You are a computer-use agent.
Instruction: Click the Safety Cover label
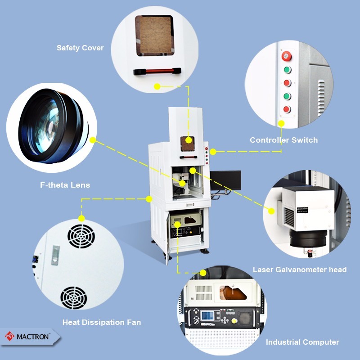click(80, 48)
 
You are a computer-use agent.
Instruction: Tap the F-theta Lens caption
click(65, 185)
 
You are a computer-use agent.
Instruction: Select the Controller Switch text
click(283, 140)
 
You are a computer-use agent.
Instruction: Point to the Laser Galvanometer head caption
click(299, 270)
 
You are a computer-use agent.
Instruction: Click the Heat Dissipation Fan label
click(101, 322)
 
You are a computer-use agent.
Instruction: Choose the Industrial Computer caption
click(302, 342)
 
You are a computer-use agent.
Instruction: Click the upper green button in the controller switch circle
click(287, 70)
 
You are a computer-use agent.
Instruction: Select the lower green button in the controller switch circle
click(287, 96)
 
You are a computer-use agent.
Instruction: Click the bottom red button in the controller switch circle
click(287, 109)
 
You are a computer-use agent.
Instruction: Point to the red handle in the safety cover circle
click(157, 71)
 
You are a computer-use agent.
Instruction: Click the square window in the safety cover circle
click(154, 36)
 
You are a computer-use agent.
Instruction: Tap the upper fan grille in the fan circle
click(81, 234)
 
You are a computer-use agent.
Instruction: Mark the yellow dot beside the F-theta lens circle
click(93, 140)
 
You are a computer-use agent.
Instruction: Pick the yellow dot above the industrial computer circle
click(203, 273)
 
